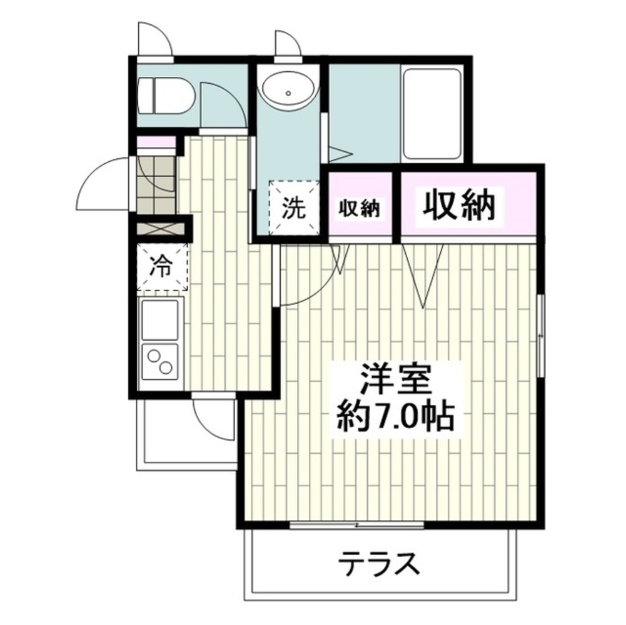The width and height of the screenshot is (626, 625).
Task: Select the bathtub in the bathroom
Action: point(432,114)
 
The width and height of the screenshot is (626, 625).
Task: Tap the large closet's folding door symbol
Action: point(423,275)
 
